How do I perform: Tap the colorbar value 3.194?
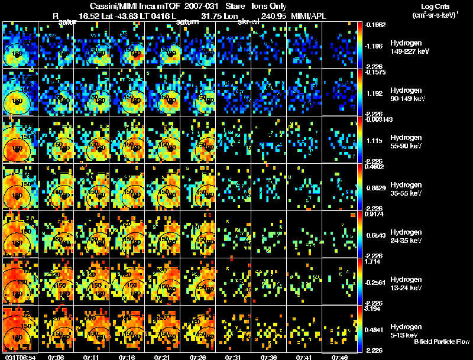371,309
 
